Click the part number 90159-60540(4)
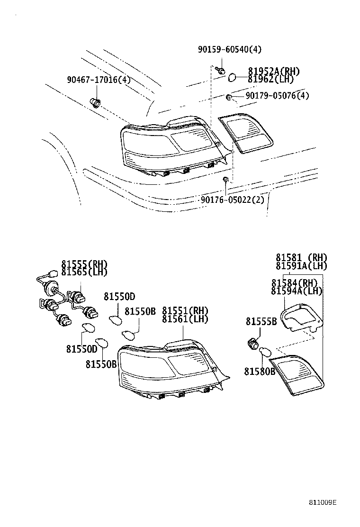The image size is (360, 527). pyautogui.click(x=229, y=49)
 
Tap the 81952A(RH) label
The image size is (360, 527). pyautogui.click(x=273, y=71)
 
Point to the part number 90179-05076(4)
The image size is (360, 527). pyautogui.click(x=277, y=96)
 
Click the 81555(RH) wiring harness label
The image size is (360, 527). pyautogui.click(x=84, y=264)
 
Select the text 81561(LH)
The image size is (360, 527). pyautogui.click(x=185, y=319)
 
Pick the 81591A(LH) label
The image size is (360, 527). pyautogui.click(x=302, y=266)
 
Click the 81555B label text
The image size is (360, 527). pyautogui.click(x=261, y=322)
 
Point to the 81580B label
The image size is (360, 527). pyautogui.click(x=260, y=372)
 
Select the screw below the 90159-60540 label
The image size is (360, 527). pyautogui.click(x=220, y=71)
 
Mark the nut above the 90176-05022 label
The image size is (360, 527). pyautogui.click(x=226, y=179)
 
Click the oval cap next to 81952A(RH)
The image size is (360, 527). pyautogui.click(x=233, y=76)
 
